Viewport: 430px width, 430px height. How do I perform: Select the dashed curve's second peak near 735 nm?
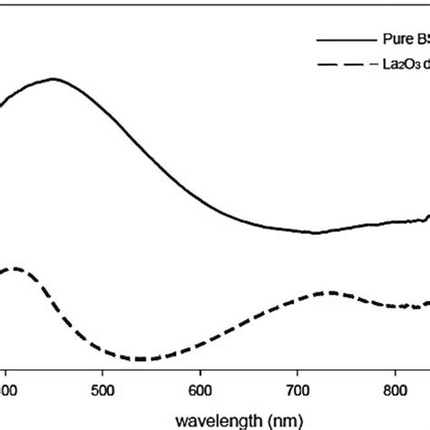[330, 293]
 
